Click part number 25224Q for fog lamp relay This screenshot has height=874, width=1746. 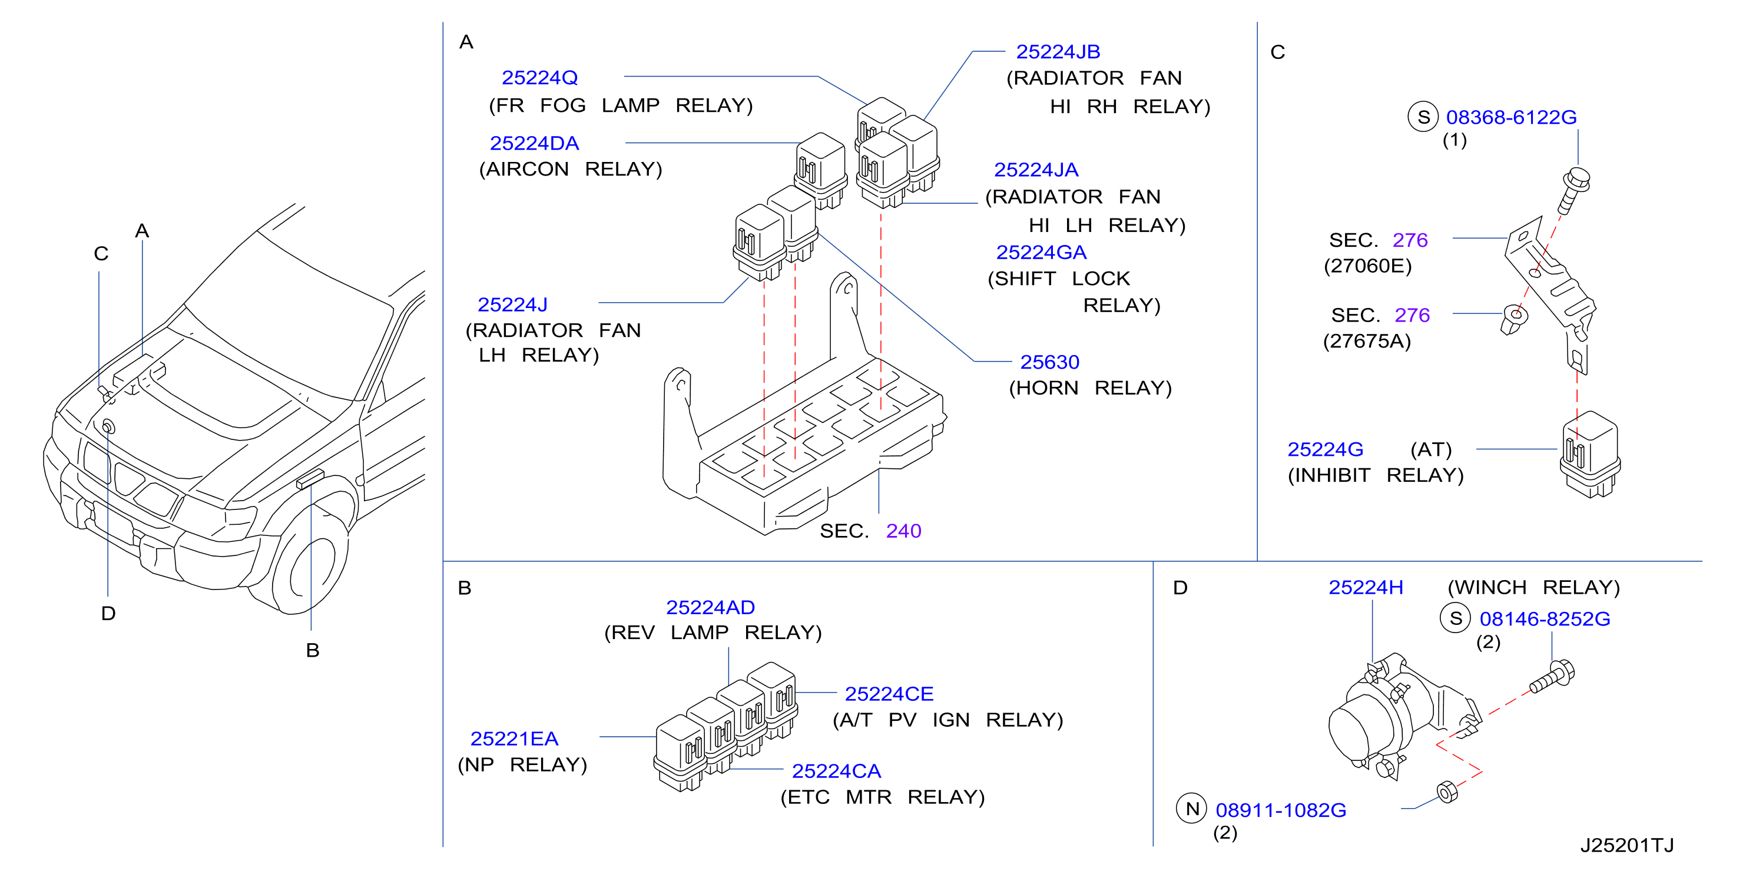(539, 78)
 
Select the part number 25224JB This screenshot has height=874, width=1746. (1058, 51)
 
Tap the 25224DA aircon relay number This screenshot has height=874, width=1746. (534, 144)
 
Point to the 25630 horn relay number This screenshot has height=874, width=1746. (1049, 362)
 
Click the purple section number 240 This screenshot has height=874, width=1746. (903, 531)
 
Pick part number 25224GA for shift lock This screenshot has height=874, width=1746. (1041, 252)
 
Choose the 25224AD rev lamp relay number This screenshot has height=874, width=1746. (710, 608)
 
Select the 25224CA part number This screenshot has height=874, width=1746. (836, 771)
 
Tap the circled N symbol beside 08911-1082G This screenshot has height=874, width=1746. (1191, 808)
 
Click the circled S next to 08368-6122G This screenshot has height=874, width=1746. (1423, 117)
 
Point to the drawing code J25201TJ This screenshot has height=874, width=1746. (1626, 845)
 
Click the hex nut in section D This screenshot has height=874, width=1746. (1446, 792)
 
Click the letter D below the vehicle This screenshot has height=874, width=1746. (108, 614)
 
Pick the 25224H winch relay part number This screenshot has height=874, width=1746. (1365, 587)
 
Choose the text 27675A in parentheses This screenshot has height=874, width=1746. (1366, 341)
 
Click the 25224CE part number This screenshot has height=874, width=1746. (889, 694)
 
